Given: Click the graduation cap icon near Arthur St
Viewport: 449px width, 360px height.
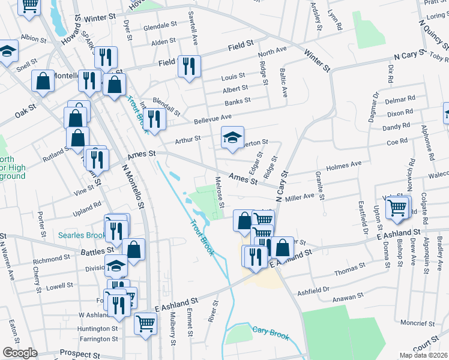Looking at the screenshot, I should (x=233, y=138).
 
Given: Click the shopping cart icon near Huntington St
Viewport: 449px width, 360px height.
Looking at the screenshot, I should (x=145, y=324).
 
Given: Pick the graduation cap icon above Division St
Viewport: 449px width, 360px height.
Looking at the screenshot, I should (x=116, y=265).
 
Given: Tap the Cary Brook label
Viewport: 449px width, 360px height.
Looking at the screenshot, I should (x=271, y=331).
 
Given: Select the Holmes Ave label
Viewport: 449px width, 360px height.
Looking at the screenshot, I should (x=343, y=164).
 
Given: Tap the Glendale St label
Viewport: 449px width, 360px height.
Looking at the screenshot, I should (x=160, y=26).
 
